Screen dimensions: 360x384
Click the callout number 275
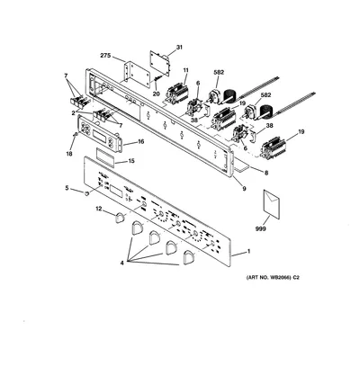click(x=105, y=56)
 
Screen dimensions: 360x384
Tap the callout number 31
click(x=179, y=47)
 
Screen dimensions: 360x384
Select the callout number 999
click(x=261, y=228)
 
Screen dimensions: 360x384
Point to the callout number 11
click(x=185, y=70)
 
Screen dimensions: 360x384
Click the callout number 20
click(x=157, y=94)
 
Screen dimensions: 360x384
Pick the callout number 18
click(x=69, y=154)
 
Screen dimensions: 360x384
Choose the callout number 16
click(x=140, y=141)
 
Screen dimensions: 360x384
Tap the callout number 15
click(x=131, y=161)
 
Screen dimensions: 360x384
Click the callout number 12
click(x=99, y=209)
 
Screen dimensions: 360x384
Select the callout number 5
click(x=67, y=188)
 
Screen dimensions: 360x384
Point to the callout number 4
click(x=122, y=263)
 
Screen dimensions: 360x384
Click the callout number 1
click(x=248, y=251)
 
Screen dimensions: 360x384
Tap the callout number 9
click(x=244, y=189)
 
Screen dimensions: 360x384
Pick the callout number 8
click(x=266, y=173)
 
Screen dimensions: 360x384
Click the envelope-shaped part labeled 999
click(x=271, y=204)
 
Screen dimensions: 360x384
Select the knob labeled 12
click(x=120, y=218)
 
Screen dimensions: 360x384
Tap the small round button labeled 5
click(x=87, y=193)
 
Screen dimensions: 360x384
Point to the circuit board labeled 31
click(x=159, y=63)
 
